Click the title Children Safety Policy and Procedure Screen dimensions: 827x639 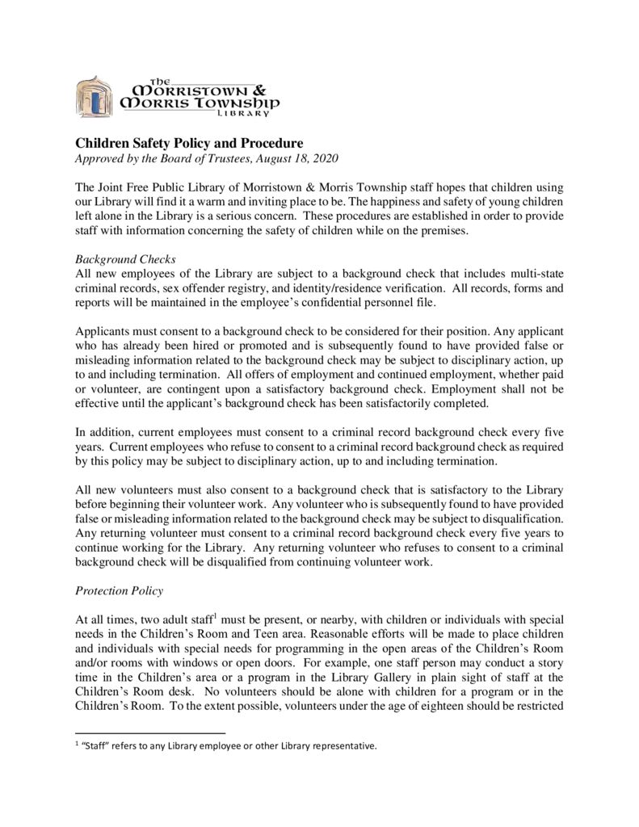[189, 144]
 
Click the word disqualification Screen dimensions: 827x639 [518, 518]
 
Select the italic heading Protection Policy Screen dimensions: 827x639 [119, 590]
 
